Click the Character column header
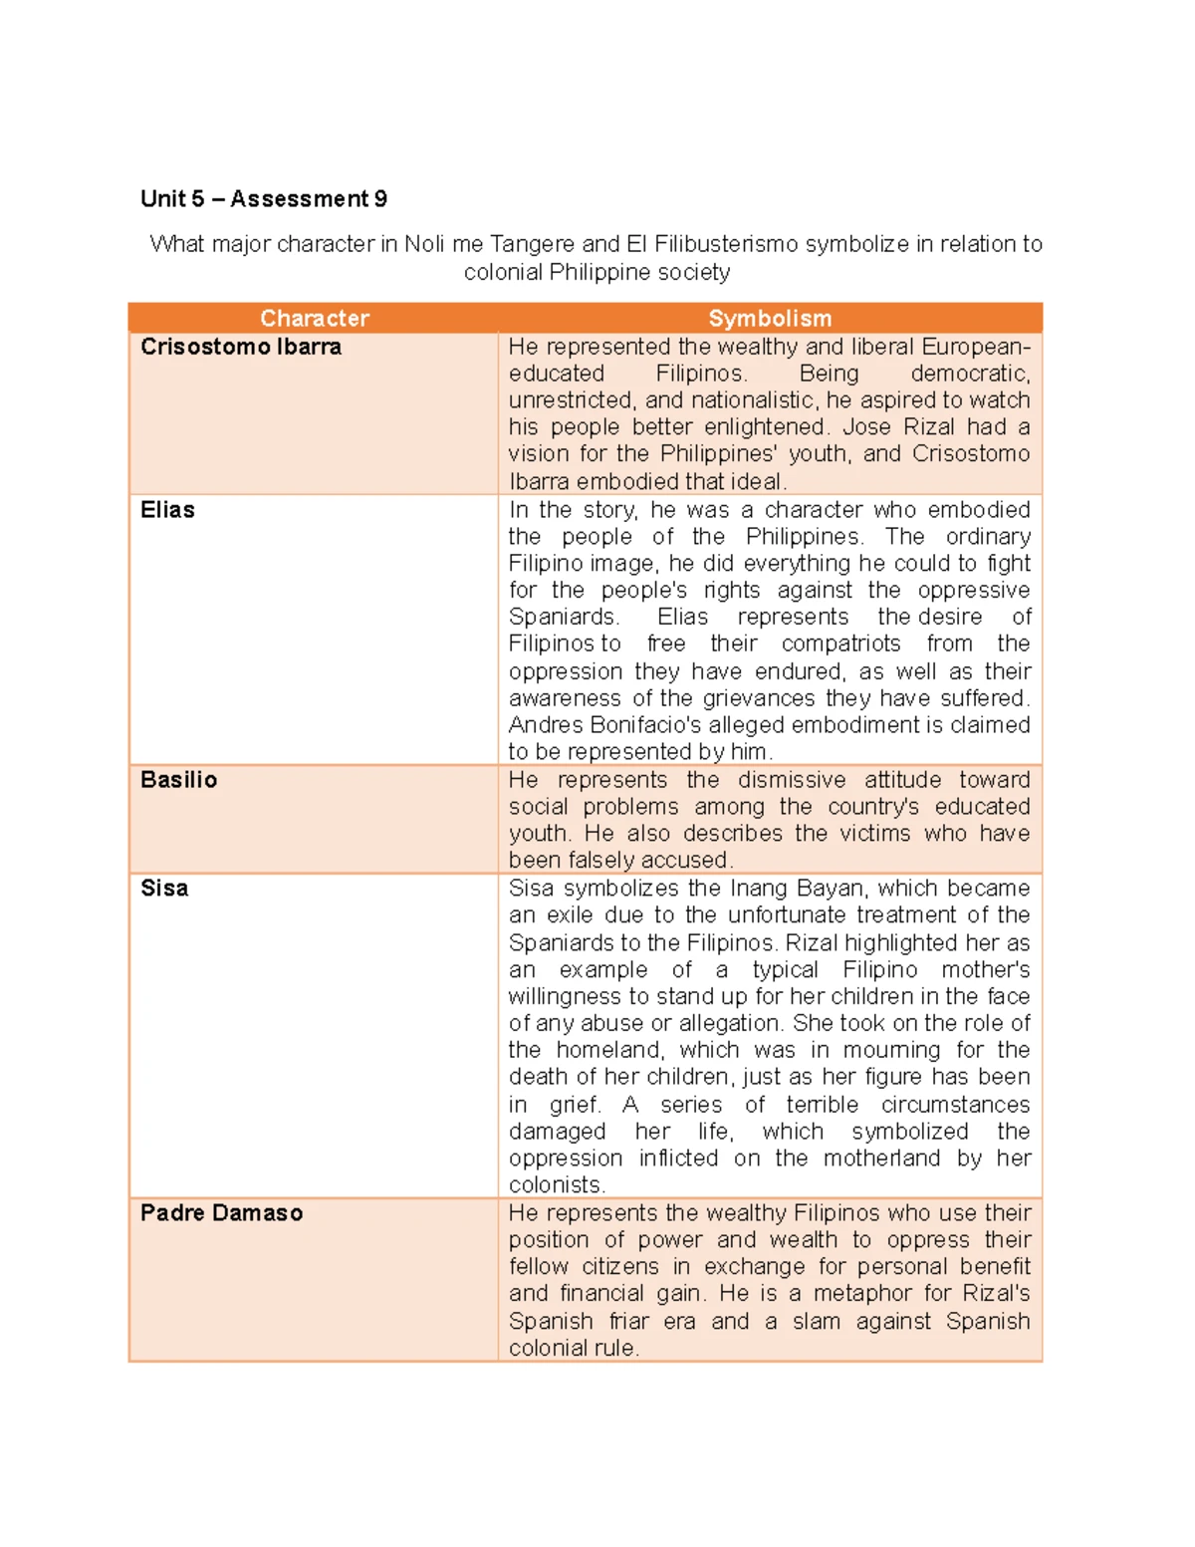tap(314, 318)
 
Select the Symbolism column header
tap(770, 318)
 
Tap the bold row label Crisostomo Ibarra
tap(241, 347)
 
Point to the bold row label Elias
tap(167, 510)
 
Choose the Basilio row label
tap(178, 780)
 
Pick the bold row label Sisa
tap(164, 889)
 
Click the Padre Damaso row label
tap(221, 1213)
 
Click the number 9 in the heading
tap(380, 199)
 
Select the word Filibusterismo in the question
tap(726, 244)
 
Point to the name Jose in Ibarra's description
tap(866, 427)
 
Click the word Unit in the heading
tap(162, 199)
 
